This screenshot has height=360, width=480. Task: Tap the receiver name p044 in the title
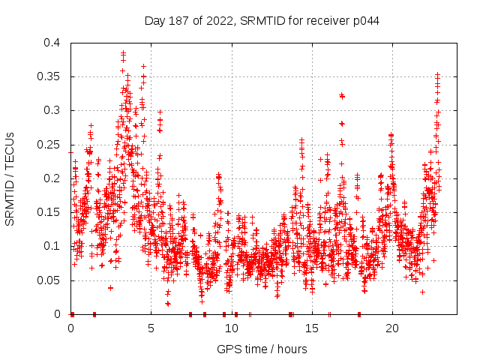[364, 20]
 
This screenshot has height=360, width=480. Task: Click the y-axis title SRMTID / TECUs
[10, 178]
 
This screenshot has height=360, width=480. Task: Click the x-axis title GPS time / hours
[262, 349]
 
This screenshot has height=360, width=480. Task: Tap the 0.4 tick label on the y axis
[53, 43]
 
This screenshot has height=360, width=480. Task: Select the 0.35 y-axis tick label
[50, 76]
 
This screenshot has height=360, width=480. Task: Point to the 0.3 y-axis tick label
[53, 110]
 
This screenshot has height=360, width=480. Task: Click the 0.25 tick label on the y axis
[50, 144]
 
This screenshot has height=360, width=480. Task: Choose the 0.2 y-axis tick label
[53, 178]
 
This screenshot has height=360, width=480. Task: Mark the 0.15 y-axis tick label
[50, 212]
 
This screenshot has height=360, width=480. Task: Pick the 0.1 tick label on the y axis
[53, 246]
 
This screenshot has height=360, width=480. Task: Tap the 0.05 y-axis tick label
[50, 280]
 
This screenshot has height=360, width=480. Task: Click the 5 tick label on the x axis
[151, 328]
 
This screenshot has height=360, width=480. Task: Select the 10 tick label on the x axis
[231, 328]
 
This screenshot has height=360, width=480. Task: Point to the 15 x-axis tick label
[311, 328]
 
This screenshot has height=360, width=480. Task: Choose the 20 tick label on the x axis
[391, 328]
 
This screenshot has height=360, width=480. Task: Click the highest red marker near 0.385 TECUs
[123, 53]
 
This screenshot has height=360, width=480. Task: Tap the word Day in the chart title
[154, 20]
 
